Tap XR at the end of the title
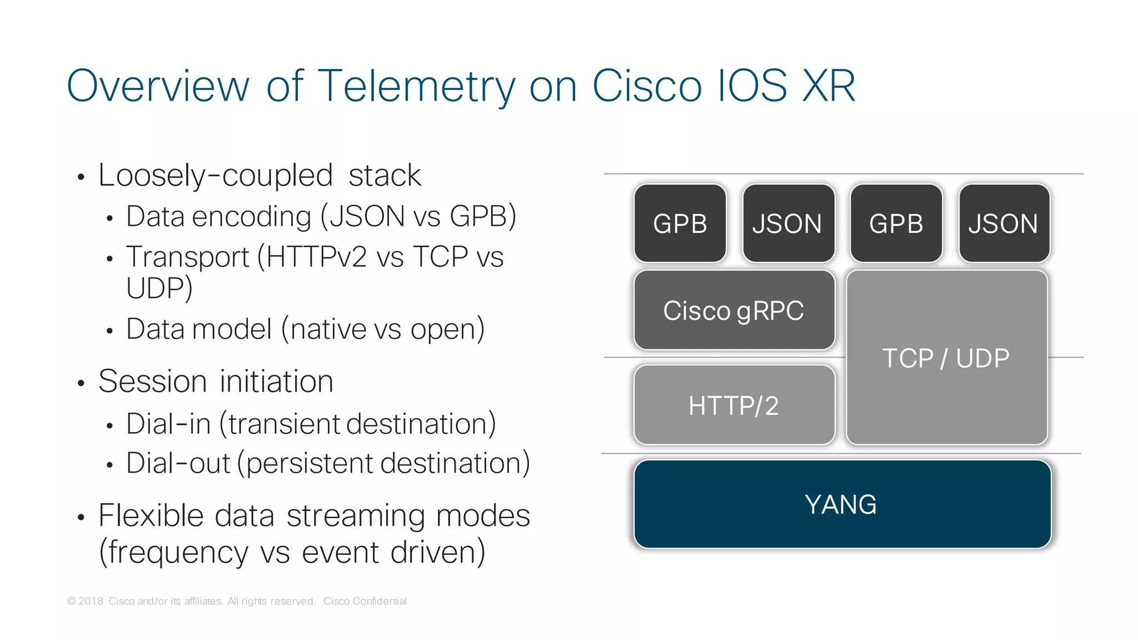point(828,86)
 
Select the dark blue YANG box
point(842,504)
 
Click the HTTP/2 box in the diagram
point(734,405)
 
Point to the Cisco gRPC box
point(734,310)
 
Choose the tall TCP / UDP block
point(946,358)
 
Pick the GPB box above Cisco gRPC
point(680,224)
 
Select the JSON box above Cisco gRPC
point(788,224)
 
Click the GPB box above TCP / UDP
point(896,224)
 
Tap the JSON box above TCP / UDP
point(1004,224)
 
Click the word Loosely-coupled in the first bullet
point(215,176)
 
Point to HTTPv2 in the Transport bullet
point(316,257)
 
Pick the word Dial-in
point(168,424)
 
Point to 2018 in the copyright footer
point(91,601)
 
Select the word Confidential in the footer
point(380,601)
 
